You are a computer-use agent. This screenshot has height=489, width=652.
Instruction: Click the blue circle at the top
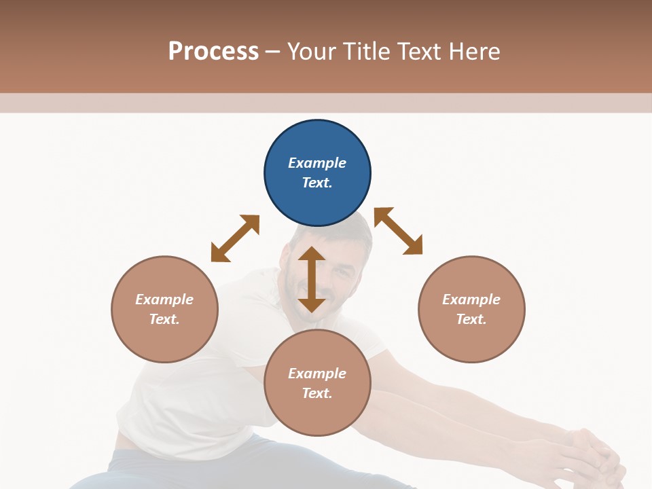pos(317,173)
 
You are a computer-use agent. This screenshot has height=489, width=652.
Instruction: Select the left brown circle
pos(164,309)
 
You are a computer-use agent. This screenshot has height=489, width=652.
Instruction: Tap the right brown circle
pos(471,309)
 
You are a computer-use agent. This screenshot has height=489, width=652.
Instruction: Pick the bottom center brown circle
pos(317,383)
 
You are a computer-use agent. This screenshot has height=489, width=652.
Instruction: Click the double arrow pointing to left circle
pos(235,238)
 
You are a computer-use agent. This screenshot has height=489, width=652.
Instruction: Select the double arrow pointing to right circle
pos(398,231)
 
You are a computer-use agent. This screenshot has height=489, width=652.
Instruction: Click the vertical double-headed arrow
pos(312,279)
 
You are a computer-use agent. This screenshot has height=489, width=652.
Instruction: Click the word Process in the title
pos(213,51)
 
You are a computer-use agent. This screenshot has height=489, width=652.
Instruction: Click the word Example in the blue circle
pos(317,163)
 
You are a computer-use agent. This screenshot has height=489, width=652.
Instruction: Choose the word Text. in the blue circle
pos(317,183)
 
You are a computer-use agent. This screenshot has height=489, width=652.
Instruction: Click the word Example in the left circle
pos(164,300)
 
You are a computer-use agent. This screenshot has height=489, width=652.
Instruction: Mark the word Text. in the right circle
pos(471,319)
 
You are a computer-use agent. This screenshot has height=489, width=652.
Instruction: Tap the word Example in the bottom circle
pos(317,374)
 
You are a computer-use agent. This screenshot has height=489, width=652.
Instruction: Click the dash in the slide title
pos(272,52)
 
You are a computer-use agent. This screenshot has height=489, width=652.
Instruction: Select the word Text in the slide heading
pos(418,51)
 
